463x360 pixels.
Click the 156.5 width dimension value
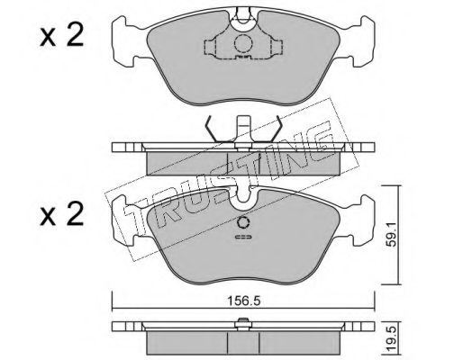pos(243,301)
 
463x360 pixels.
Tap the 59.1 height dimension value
pos(391,234)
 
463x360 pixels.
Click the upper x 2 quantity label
pos(61,36)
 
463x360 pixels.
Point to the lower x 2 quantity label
pos(61,214)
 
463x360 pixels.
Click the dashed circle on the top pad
pos(243,44)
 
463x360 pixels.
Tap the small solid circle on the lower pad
pos(243,223)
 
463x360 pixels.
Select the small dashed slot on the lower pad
pos(243,238)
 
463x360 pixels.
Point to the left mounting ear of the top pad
pos(123,40)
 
